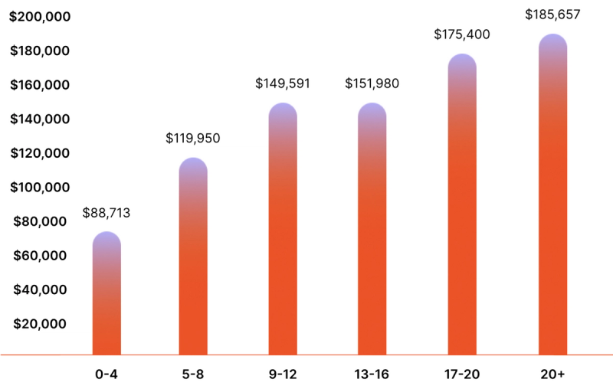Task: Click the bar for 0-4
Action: [107, 295]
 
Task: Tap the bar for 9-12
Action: [283, 230]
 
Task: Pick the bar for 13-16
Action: [372, 230]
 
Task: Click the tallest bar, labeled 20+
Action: [552, 195]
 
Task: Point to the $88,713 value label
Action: [107, 214]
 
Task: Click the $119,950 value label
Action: [193, 139]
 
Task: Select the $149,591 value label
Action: [283, 83]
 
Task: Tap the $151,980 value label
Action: [372, 83]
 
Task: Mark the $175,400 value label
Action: [462, 34]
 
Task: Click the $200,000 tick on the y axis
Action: [40, 17]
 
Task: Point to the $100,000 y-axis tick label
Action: [40, 188]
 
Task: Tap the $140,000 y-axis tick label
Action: [40, 119]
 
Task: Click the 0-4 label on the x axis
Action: [107, 374]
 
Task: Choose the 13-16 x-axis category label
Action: [372, 374]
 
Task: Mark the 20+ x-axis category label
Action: [552, 374]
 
